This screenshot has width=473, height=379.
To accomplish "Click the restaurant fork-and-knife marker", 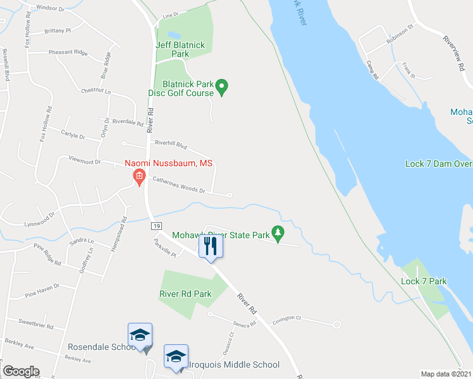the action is click(211, 246).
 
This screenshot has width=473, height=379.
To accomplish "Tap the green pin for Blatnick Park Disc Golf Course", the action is click(221, 87).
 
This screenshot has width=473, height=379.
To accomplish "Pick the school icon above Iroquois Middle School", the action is click(176, 356).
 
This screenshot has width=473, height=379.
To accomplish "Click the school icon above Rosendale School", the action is click(140, 334).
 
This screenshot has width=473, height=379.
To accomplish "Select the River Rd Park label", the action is click(185, 294).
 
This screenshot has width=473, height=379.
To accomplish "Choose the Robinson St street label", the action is click(400, 37).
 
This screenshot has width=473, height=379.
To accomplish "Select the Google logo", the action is click(20, 371).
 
